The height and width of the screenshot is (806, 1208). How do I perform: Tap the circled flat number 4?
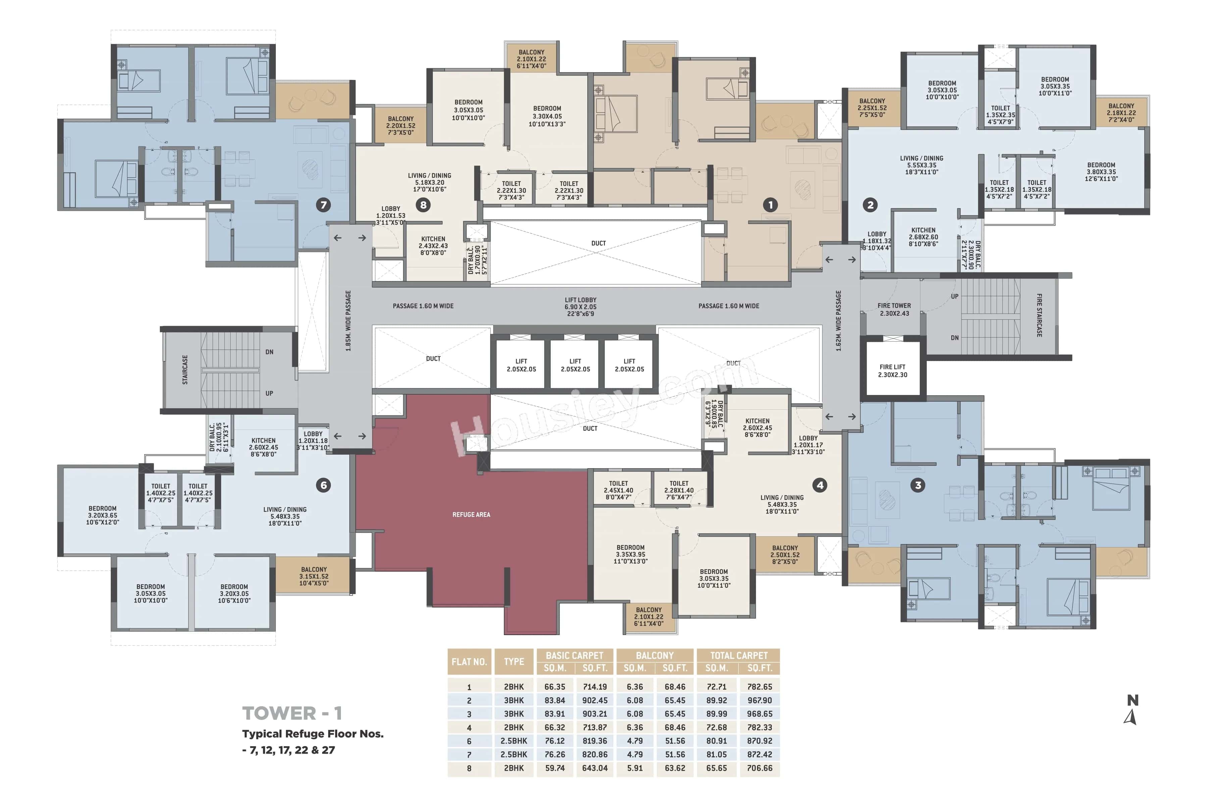click(820, 485)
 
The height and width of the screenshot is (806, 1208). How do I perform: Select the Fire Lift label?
click(892, 371)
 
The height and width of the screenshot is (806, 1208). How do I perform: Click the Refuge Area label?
click(471, 514)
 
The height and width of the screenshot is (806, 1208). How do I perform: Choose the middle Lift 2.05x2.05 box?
click(575, 365)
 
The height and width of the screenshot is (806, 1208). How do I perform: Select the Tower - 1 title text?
click(292, 713)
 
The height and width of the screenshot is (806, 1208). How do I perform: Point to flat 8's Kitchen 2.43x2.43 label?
click(433, 246)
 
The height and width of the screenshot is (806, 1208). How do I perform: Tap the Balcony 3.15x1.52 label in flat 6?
click(314, 576)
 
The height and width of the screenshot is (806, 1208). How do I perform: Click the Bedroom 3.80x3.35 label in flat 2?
click(1101, 172)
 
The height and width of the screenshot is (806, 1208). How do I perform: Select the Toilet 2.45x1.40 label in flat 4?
click(618, 490)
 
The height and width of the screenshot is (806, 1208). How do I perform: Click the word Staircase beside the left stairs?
click(185, 370)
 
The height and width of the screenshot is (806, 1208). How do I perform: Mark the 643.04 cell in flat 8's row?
click(595, 768)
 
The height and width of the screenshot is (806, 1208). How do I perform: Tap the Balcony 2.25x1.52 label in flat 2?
click(872, 108)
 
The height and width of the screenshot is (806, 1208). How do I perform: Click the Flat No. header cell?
click(469, 662)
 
